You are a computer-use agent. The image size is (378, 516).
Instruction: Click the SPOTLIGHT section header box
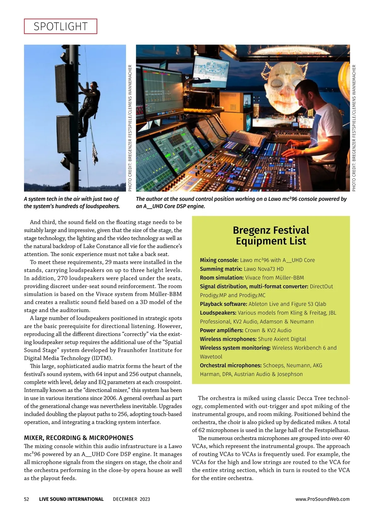[x=60, y=26]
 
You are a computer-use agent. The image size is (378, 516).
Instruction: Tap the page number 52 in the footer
[x=26, y=499]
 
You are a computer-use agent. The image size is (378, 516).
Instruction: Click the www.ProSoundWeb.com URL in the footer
[x=322, y=499]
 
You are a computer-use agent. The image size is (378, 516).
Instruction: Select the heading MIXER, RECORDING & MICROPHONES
[x=79, y=438]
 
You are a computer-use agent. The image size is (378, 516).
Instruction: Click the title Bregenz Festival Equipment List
[x=271, y=236]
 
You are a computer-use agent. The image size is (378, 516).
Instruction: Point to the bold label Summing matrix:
[x=221, y=269]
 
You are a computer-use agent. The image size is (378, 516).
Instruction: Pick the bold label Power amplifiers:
[x=221, y=330]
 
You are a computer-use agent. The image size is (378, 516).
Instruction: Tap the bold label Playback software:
[x=223, y=304]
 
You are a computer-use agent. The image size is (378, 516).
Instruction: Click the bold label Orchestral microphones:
[x=231, y=365]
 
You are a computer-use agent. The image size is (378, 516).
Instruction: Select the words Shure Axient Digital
[x=282, y=339]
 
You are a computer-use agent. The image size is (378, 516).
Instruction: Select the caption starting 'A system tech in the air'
[x=72, y=203]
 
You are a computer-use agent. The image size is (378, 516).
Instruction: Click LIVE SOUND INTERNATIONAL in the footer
[x=71, y=499]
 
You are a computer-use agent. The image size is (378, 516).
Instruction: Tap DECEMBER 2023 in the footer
[x=131, y=499]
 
